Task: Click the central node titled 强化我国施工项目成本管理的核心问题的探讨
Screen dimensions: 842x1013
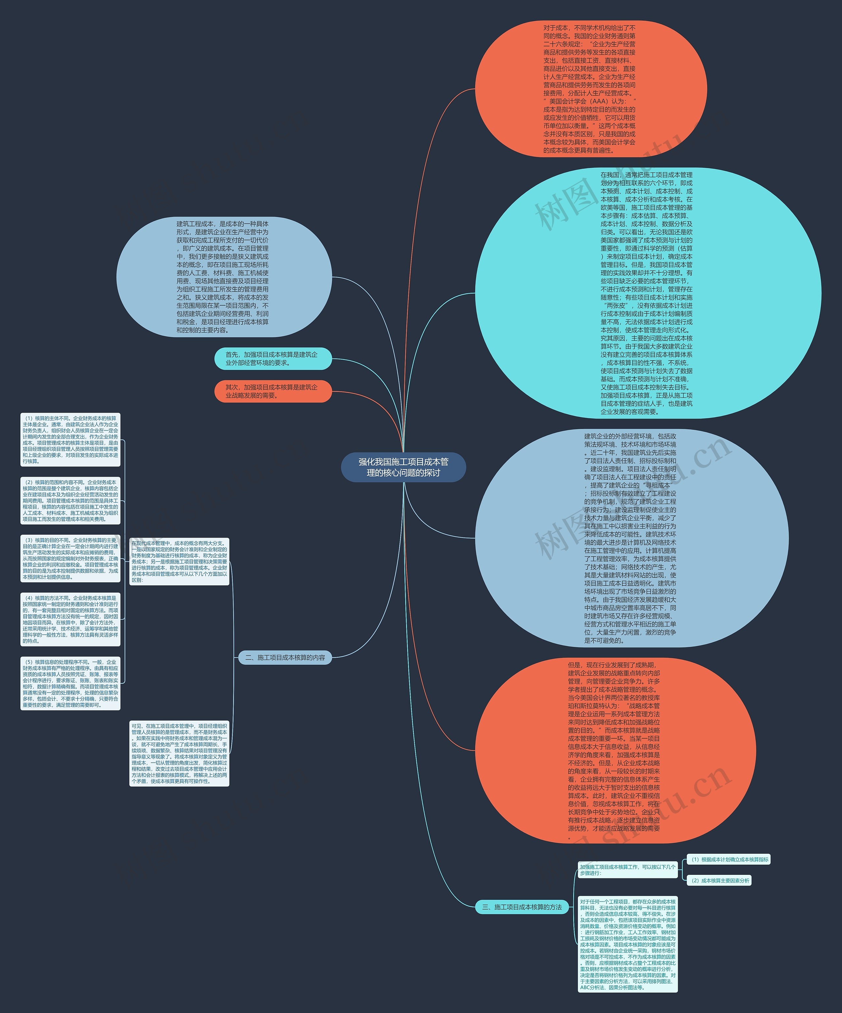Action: click(403, 467)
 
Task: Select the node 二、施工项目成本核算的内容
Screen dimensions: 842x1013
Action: click(285, 657)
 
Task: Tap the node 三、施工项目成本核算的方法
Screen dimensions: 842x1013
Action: click(522, 907)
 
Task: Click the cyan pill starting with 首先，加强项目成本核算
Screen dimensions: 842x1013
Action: click(273, 358)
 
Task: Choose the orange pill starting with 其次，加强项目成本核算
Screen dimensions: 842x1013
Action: click(273, 391)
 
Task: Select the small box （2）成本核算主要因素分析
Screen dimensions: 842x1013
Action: click(719, 880)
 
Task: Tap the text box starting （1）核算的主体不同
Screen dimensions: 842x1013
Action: click(70, 440)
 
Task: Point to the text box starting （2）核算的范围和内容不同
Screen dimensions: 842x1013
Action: click(70, 501)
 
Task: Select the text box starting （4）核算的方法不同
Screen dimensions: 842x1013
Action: click(70, 620)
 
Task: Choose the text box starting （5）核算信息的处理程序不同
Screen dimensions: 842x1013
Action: click(70, 683)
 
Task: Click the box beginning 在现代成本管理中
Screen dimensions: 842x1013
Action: click(179, 562)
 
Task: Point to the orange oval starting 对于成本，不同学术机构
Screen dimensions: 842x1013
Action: click(591, 89)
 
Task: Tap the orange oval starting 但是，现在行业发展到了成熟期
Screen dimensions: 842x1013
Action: click(615, 750)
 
